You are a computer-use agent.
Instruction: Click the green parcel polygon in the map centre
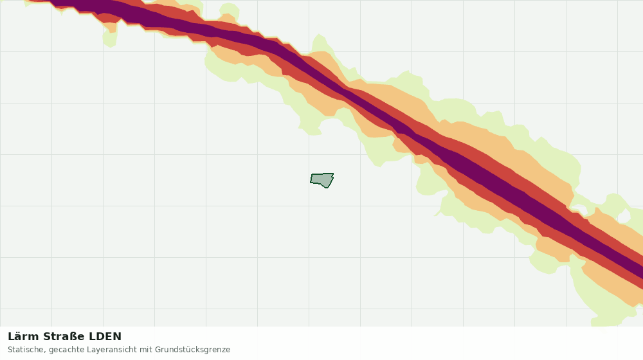click(x=322, y=179)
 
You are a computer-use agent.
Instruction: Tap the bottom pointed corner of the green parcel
click(x=327, y=188)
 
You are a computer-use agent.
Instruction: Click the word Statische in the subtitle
click(x=26, y=350)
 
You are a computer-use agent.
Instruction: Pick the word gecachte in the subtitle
click(x=65, y=350)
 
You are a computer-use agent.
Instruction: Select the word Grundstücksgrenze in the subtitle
click(x=192, y=350)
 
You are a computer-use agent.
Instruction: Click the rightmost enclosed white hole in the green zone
click(x=624, y=215)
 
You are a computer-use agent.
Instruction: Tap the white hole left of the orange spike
click(x=579, y=210)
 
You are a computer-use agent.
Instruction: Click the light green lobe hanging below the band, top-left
click(x=110, y=36)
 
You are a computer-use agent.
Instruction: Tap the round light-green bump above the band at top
click(x=229, y=12)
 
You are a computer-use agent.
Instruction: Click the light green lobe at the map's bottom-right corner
click(x=603, y=295)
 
